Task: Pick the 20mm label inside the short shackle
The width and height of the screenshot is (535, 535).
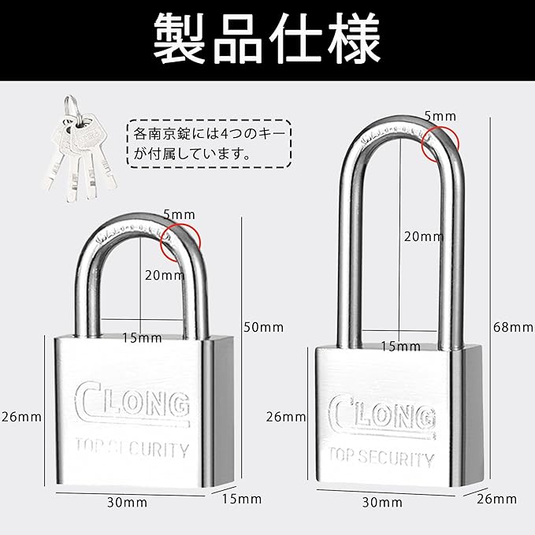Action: tap(165, 275)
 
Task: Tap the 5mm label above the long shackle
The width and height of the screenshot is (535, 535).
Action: tap(440, 116)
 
